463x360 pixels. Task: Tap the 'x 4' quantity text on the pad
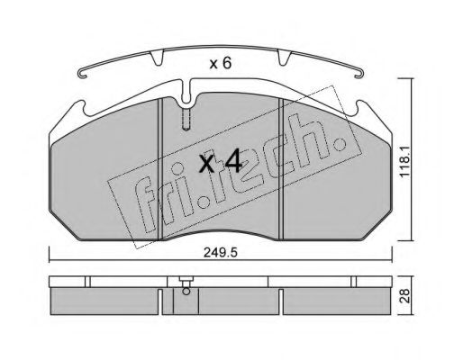[x=219, y=163]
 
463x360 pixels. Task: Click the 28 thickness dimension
[x=431, y=298]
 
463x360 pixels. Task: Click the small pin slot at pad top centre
[x=186, y=119]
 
